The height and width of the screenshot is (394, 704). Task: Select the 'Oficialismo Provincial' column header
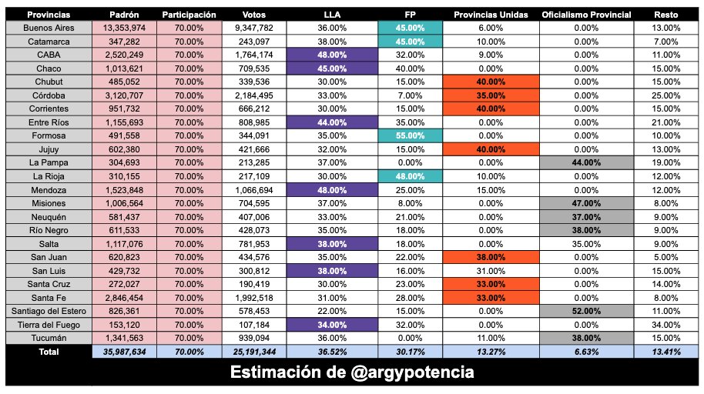(586, 15)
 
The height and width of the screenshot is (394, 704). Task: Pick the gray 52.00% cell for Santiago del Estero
(586, 311)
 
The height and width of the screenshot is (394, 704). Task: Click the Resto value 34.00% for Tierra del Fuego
(666, 325)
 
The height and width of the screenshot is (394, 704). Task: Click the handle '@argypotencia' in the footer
(417, 372)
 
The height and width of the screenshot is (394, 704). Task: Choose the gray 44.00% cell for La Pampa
(586, 163)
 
